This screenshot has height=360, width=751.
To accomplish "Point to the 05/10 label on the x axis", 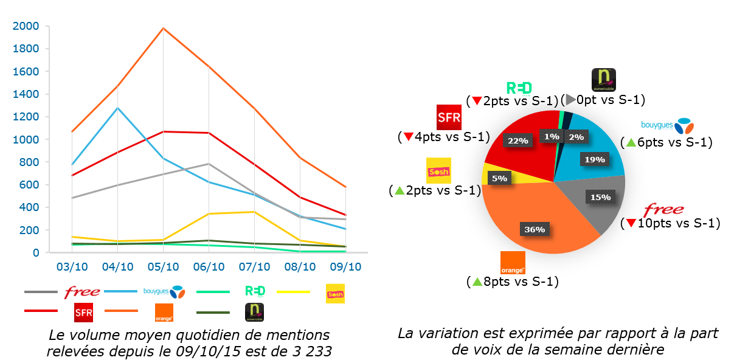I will [163, 267].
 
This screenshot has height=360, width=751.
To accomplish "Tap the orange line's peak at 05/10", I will [163, 28].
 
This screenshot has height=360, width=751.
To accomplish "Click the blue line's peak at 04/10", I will [117, 108].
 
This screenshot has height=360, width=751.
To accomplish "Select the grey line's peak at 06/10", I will [209, 164].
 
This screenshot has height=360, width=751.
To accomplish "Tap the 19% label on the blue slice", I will [595, 159].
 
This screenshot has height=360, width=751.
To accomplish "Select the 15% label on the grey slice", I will [600, 197].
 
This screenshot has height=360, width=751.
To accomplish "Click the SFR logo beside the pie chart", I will [449, 117].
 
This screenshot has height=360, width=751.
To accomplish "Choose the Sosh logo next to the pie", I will [438, 171].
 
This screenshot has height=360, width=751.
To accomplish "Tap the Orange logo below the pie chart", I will [513, 263].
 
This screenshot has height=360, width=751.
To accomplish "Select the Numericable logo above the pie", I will [604, 80].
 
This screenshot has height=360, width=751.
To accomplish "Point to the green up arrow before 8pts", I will [477, 282].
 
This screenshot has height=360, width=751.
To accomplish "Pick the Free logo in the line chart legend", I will [82, 292].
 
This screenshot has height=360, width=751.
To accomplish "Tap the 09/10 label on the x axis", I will [345, 267].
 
